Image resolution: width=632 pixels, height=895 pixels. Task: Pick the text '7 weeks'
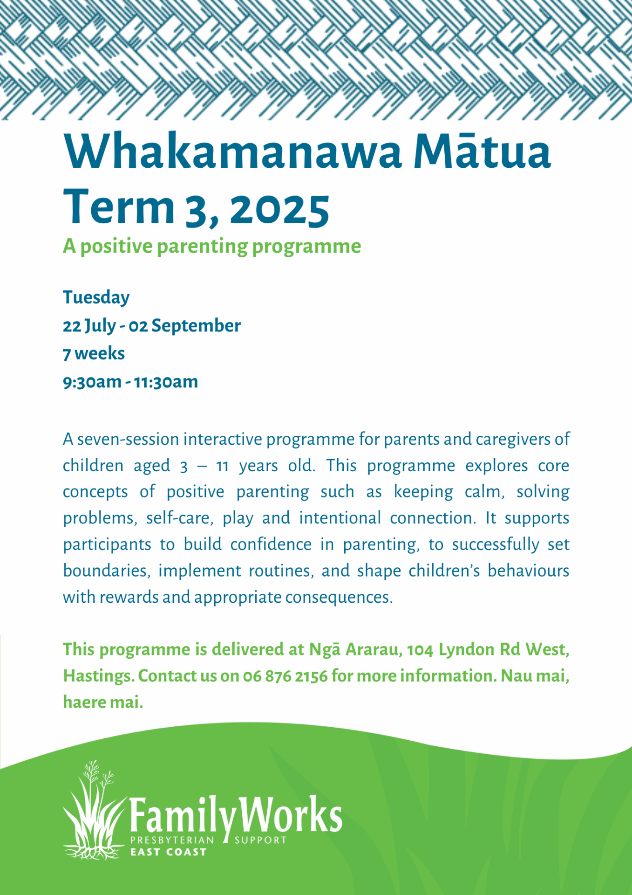point(94,353)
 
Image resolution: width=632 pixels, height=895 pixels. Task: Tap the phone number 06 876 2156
point(285,676)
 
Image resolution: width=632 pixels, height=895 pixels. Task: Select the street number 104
point(421,650)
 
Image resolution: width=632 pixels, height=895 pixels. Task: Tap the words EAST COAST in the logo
point(168,852)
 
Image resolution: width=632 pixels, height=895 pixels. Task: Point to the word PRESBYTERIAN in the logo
point(172,840)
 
